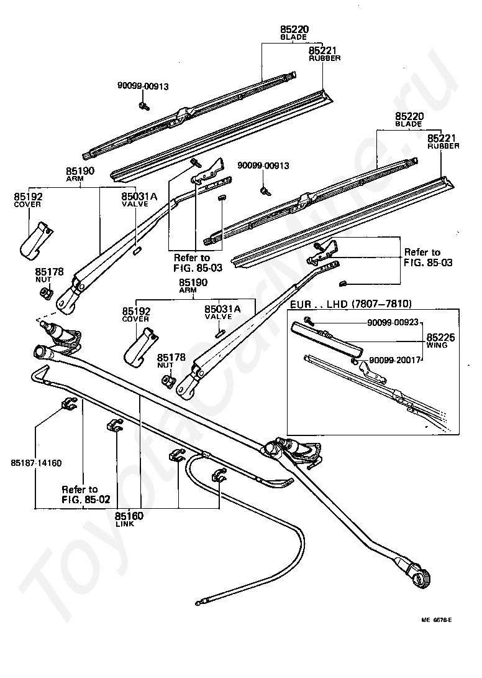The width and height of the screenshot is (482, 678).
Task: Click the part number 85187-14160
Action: [x=36, y=463]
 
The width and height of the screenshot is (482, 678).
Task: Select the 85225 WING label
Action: [x=440, y=340]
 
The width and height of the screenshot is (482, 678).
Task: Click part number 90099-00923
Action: [x=393, y=322]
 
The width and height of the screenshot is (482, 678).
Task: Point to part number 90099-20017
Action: [x=395, y=360]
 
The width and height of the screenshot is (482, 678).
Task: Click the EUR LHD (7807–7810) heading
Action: [x=350, y=304]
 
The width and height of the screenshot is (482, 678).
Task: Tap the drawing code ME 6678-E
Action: [x=437, y=620]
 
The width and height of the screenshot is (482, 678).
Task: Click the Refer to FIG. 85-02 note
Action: [x=86, y=495]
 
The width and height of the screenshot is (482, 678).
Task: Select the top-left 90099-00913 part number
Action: [x=143, y=86]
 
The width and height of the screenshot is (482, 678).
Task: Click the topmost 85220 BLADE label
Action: [x=294, y=33]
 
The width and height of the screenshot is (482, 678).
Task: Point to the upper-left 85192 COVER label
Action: [x=28, y=200]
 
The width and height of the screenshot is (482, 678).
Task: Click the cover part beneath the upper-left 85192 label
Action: [x=36, y=240]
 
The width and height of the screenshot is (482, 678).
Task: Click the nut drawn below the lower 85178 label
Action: [x=168, y=381]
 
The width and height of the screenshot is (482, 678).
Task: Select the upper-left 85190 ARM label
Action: [x=80, y=174]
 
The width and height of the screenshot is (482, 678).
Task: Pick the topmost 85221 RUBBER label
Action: [x=324, y=54]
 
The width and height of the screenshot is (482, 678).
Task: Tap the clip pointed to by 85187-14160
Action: [x=68, y=404]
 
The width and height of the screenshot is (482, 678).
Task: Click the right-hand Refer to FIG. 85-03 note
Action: [x=428, y=258]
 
